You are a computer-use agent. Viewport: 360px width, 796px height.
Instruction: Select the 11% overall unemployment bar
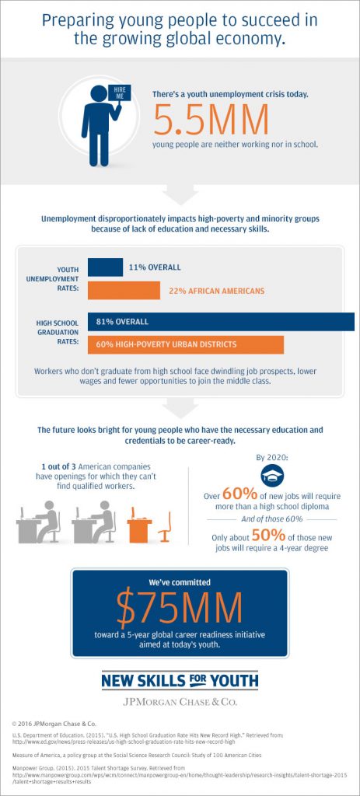(x=105, y=267)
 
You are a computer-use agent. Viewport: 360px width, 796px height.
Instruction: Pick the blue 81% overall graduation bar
(x=221, y=321)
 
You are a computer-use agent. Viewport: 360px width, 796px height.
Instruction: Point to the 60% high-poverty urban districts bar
(x=186, y=344)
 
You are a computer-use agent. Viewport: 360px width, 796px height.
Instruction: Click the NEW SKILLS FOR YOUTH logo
(x=180, y=681)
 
